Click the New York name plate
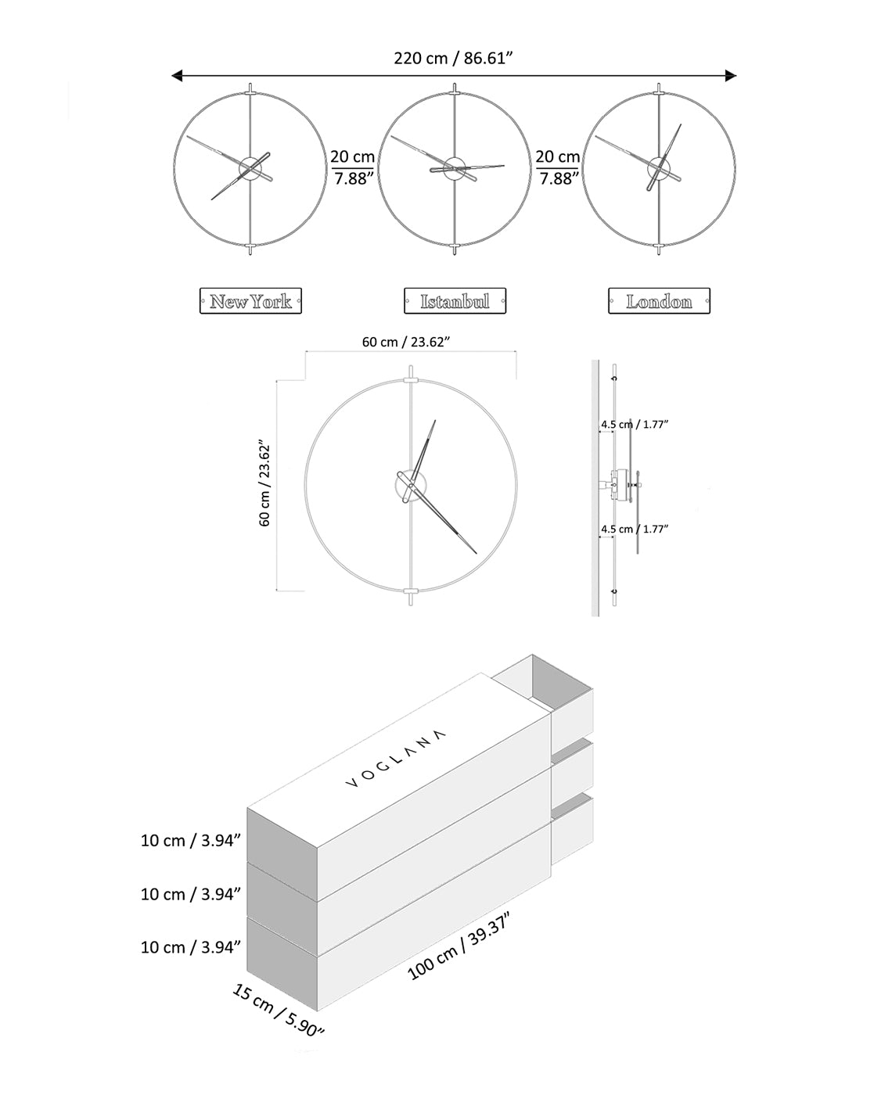(x=250, y=301)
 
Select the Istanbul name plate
(x=455, y=301)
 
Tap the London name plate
(x=659, y=301)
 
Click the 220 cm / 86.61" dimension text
(x=453, y=58)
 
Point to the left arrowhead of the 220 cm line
(x=177, y=76)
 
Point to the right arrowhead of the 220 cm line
(x=731, y=76)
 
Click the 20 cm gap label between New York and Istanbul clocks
(x=352, y=167)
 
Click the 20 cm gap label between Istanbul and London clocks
(x=557, y=167)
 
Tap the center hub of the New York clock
(x=250, y=167)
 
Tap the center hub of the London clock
(x=660, y=167)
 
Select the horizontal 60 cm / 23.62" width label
(x=405, y=342)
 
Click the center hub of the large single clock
(x=410, y=485)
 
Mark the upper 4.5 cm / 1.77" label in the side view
(x=635, y=424)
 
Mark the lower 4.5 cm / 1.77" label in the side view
(x=635, y=529)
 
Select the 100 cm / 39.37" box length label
(x=459, y=946)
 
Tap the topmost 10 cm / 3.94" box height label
(x=190, y=840)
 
